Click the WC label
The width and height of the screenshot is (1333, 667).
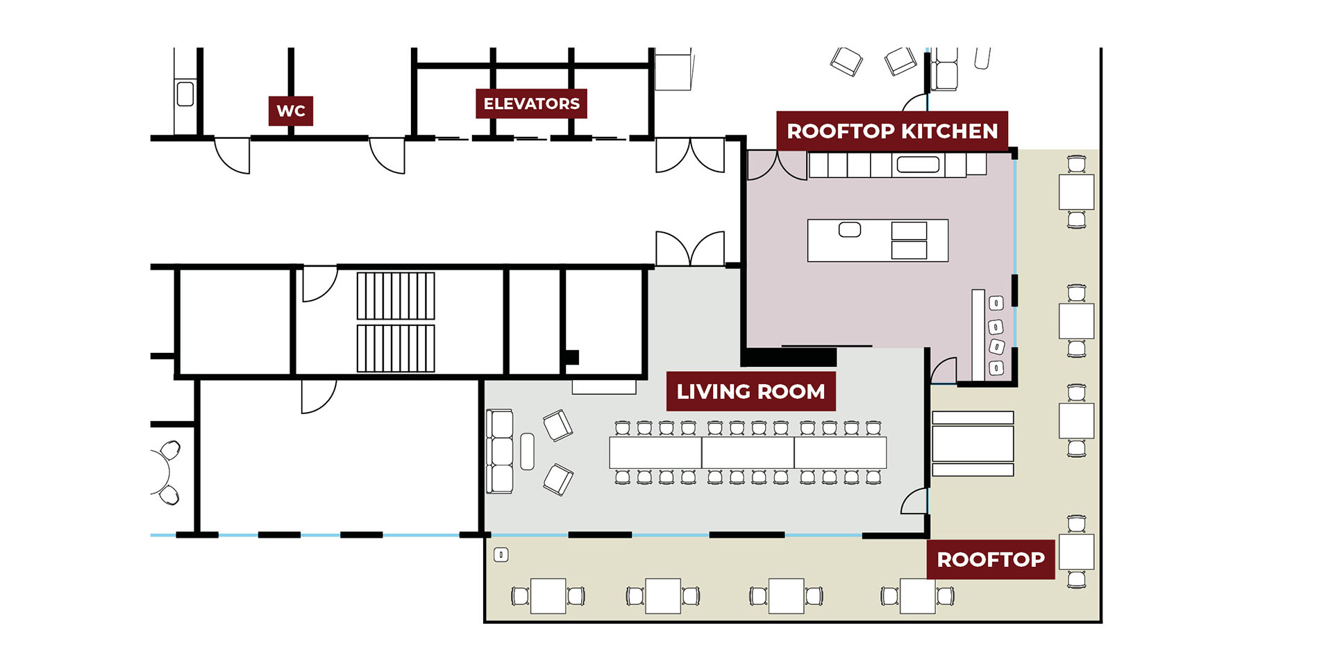click(290, 110)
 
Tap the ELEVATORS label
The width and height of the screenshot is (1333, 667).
click(531, 104)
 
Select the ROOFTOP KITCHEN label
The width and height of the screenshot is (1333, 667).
click(892, 131)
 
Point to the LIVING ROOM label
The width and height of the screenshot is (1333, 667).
click(751, 391)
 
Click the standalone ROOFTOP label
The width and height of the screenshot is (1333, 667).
click(991, 559)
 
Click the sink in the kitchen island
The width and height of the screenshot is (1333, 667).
click(850, 229)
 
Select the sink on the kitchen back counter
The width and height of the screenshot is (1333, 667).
click(918, 165)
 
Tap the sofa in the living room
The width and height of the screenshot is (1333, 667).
click(500, 452)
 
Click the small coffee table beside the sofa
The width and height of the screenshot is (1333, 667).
click(528, 452)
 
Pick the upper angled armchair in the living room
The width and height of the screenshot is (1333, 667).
click(558, 425)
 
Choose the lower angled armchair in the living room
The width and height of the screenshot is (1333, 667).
click(558, 479)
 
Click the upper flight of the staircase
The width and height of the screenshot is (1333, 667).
click(396, 296)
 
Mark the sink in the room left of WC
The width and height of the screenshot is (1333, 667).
click(185, 94)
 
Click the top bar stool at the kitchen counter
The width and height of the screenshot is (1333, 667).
click(996, 303)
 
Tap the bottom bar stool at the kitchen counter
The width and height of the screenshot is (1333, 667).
click(996, 368)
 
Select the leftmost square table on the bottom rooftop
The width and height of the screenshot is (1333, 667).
click(548, 596)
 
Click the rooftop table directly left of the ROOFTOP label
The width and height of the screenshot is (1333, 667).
click(918, 596)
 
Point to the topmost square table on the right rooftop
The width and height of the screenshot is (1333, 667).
click(1076, 192)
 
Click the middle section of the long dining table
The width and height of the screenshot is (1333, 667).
click(748, 452)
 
